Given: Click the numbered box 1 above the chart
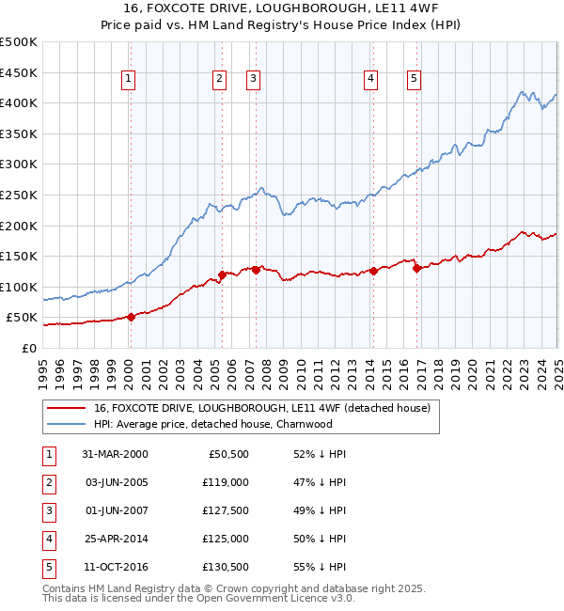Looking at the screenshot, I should [128, 79].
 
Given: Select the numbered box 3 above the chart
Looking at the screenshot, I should [254, 79].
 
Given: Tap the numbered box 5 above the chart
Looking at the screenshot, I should [415, 79].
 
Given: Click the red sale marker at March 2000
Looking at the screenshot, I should [132, 317].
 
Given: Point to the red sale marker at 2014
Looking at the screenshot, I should [373, 271].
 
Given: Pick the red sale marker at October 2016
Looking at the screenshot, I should [416, 268].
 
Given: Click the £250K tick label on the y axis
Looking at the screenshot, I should [19, 195].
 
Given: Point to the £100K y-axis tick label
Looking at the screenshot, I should [19, 287].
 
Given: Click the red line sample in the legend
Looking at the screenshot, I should [66, 409].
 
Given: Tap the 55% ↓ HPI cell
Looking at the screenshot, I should [320, 567].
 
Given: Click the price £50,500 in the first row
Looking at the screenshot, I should [227, 454].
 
